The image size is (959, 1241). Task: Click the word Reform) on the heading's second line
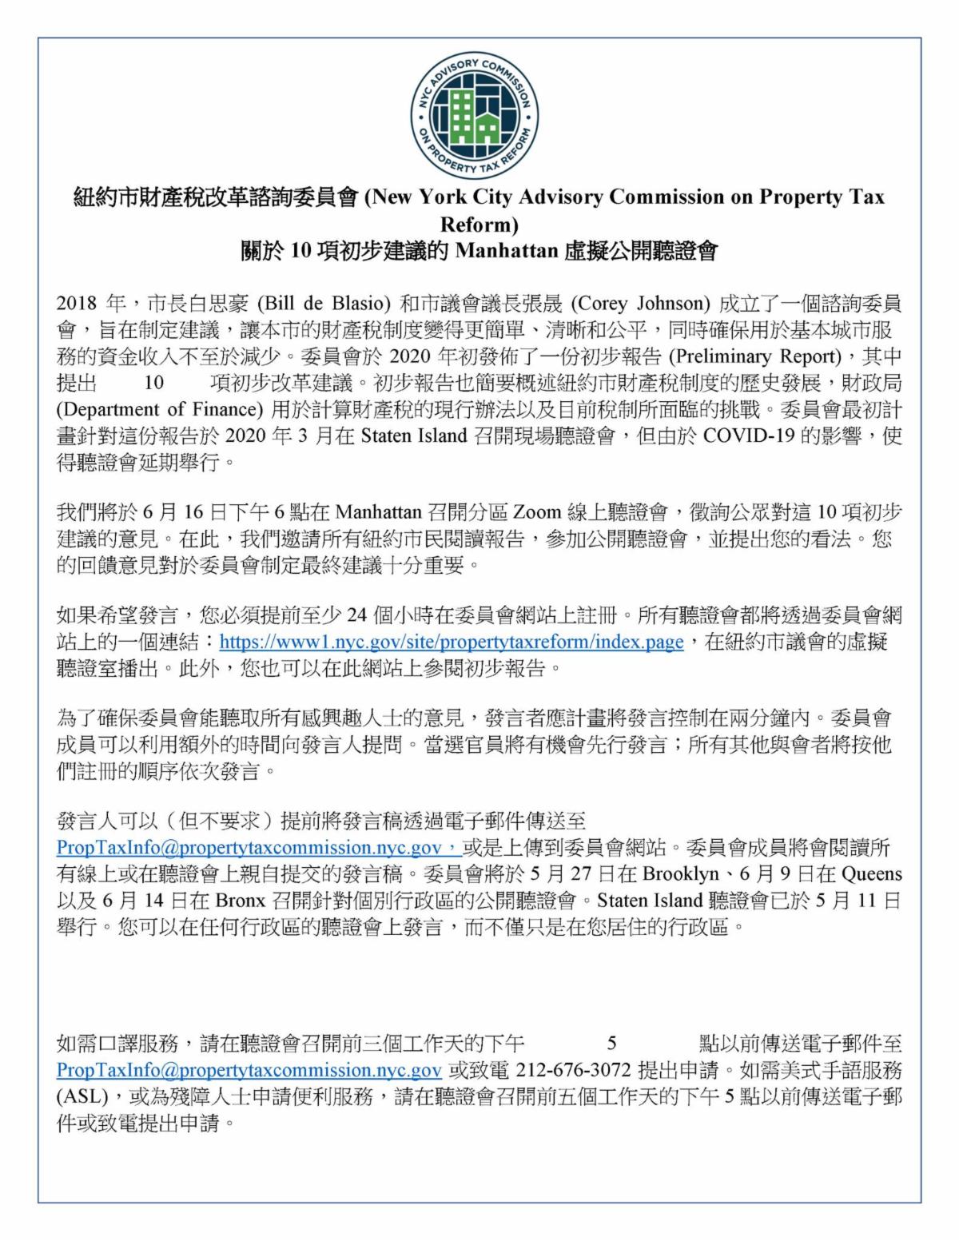pos(479,224)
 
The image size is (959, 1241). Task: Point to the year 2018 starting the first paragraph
pos(77,304)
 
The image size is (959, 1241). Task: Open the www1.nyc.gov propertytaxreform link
pos(452,642)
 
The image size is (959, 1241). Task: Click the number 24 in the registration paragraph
pos(356,615)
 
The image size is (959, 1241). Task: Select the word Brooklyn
pos(680,873)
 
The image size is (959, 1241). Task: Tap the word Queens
pos(871,873)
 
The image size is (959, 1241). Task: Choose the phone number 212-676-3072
pos(574,1069)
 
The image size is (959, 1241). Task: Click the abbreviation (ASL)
pos(82,1096)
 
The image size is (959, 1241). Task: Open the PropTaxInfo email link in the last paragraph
pos(249,1069)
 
